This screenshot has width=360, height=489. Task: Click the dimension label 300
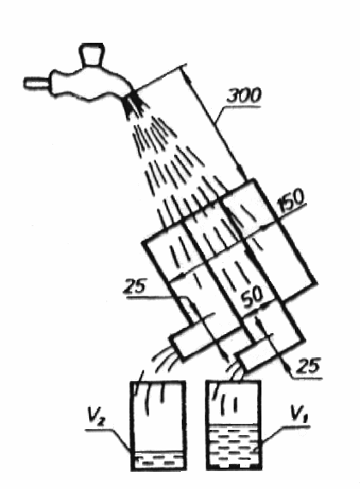(243, 96)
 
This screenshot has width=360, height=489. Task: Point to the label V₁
(298, 414)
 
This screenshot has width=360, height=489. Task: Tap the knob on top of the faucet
(91, 55)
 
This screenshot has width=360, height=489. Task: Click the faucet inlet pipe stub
(37, 83)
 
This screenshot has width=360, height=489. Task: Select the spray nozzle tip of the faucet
(134, 104)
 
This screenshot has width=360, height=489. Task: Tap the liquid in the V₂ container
(158, 459)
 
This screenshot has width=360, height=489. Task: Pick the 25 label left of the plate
(135, 286)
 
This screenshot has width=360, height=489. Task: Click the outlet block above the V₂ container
(195, 339)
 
